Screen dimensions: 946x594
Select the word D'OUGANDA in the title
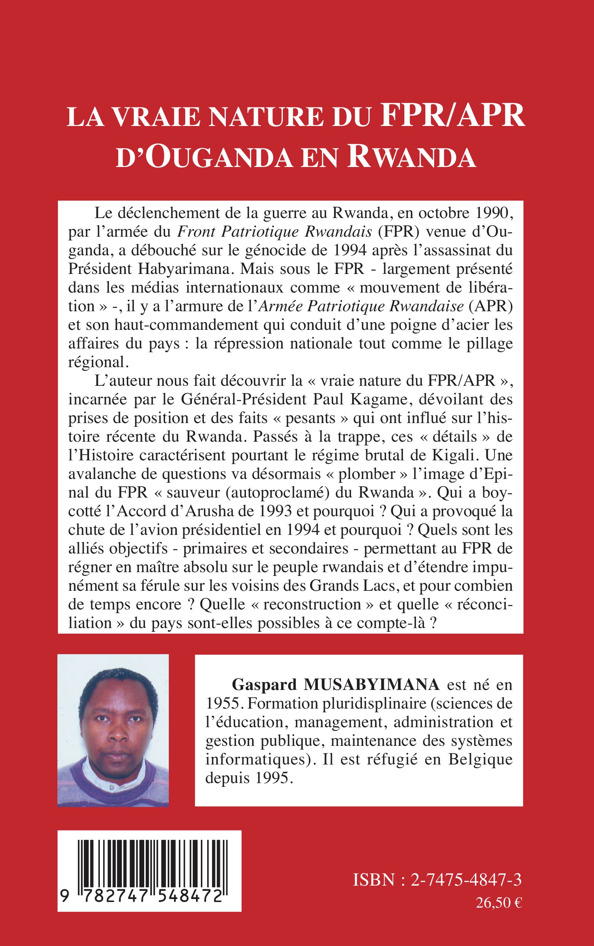(x=204, y=157)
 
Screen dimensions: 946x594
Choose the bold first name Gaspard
(x=264, y=685)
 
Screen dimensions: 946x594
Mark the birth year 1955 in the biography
(x=223, y=704)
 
